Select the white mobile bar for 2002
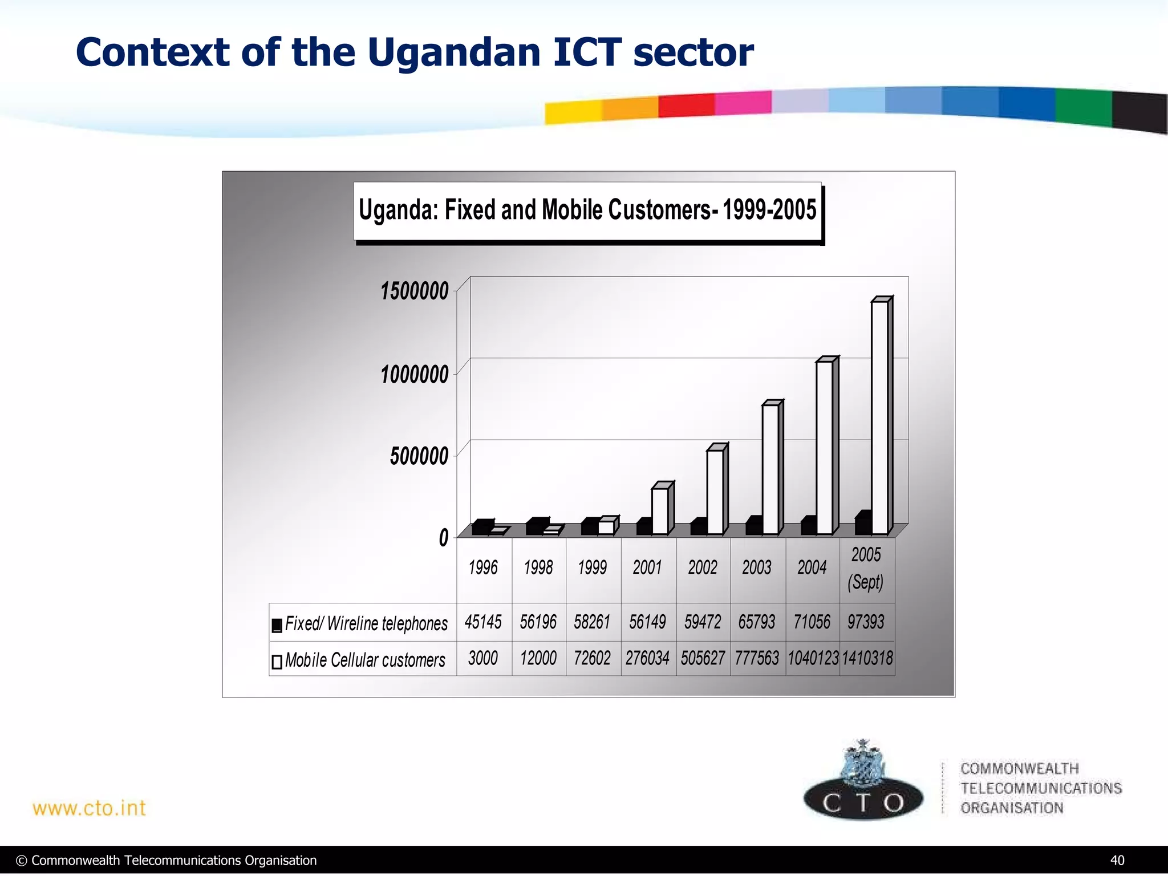(715, 492)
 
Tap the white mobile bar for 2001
(660, 511)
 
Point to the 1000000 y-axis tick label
(415, 375)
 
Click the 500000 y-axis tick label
(419, 456)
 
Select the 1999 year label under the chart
(593, 567)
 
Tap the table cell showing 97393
(866, 622)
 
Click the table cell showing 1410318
(867, 658)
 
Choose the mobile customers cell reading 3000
(483, 658)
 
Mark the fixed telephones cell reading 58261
(593, 622)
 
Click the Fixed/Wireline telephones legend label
(366, 623)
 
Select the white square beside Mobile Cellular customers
(277, 662)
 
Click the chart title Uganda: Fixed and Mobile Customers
(587, 210)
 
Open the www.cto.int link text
(90, 808)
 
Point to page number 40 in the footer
(1117, 861)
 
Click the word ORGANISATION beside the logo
(1012, 808)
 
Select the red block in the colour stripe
(686, 106)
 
